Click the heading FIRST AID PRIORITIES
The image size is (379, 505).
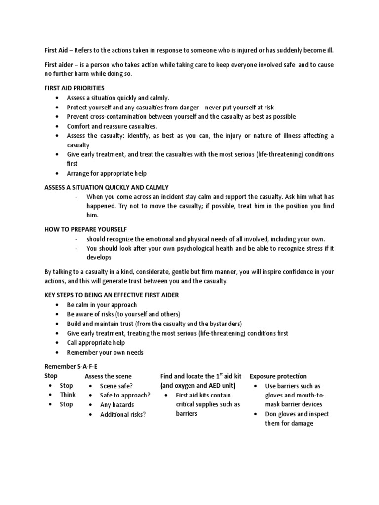(x=75, y=88)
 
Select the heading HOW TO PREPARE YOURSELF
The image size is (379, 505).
(x=86, y=229)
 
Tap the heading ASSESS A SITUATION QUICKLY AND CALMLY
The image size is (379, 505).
(x=107, y=187)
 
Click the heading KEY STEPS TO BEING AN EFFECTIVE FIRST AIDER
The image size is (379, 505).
(x=112, y=295)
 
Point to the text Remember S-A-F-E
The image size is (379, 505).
(x=71, y=366)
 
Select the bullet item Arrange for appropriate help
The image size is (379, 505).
(x=107, y=173)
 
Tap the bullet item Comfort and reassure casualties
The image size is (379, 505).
(x=112, y=126)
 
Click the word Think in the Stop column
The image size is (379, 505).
(x=68, y=395)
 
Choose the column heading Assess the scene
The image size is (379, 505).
(x=108, y=376)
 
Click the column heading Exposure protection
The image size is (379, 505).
(x=278, y=376)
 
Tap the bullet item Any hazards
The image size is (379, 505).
(x=117, y=404)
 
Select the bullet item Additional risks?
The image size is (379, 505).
(x=123, y=414)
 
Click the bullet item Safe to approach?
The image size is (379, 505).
(x=125, y=395)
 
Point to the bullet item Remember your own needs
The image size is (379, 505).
(x=105, y=352)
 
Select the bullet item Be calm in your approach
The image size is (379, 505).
(x=102, y=305)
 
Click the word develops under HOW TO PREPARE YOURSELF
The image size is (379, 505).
(x=99, y=257)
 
